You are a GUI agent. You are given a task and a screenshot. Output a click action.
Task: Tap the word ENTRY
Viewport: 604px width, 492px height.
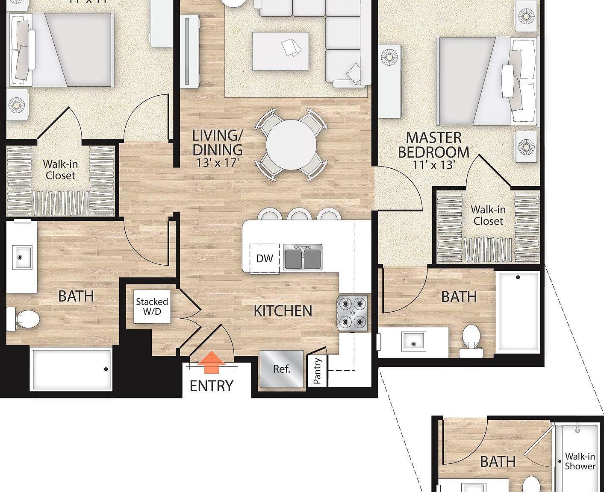click(212, 386)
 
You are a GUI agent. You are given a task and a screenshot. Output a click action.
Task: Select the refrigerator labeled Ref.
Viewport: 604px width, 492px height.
click(281, 369)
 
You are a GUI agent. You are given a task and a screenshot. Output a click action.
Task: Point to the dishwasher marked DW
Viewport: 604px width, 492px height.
click(265, 258)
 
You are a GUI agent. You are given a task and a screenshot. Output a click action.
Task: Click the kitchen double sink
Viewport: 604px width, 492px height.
click(303, 257)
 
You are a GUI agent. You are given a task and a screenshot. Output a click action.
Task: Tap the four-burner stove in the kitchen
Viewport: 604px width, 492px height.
click(353, 313)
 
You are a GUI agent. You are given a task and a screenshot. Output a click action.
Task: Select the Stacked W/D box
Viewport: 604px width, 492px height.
click(152, 307)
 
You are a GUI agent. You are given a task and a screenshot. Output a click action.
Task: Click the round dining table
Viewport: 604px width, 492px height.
click(292, 145)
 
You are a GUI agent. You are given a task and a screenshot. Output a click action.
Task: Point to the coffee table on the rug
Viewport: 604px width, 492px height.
click(280, 51)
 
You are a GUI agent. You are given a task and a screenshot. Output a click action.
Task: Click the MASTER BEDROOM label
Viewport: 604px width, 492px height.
click(433, 145)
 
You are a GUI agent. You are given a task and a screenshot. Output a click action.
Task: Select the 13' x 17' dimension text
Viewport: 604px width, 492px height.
click(217, 163)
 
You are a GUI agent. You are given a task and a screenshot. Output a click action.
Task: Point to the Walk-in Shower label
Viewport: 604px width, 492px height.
click(580, 462)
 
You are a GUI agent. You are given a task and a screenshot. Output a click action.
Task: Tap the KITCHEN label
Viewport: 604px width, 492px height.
click(283, 311)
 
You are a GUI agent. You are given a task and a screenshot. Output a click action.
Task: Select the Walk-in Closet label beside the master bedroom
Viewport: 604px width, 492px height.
click(488, 215)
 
